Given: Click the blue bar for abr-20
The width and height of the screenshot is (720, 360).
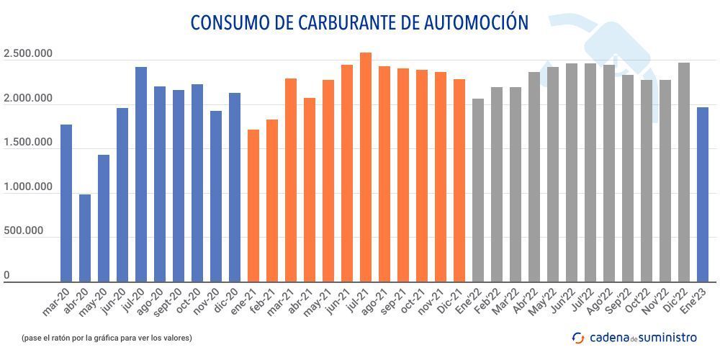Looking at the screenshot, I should [x=85, y=238].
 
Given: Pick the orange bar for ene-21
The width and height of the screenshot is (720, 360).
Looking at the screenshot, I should [x=253, y=206].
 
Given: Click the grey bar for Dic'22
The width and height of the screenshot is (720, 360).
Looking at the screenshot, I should [x=684, y=172].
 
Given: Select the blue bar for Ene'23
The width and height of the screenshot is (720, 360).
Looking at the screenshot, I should [x=703, y=194].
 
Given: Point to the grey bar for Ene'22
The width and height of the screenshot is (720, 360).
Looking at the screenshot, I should [x=478, y=190].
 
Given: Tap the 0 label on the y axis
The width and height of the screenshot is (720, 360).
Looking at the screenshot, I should [x=6, y=275].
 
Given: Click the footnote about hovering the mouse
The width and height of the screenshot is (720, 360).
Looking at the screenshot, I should [x=107, y=337].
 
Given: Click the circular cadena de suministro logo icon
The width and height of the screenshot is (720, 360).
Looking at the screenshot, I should [x=578, y=338].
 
